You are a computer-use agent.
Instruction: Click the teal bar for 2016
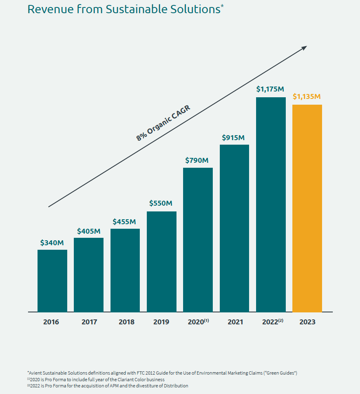pyautogui.click(x=52, y=281)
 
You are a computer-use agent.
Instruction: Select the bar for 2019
pyautogui.click(x=161, y=262)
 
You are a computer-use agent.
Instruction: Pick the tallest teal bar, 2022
pyautogui.click(x=271, y=204)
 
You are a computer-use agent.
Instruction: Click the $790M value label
pyautogui.click(x=197, y=160)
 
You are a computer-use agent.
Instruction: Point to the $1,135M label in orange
pyautogui.click(x=307, y=97)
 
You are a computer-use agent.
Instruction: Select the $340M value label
pyautogui.click(x=52, y=243)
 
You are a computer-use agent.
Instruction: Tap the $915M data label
pyautogui.click(x=233, y=138)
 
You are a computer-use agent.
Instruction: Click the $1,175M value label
pyautogui.click(x=271, y=89)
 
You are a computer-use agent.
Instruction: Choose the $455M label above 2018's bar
pyautogui.click(x=125, y=222)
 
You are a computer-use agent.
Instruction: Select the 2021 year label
pyautogui.click(x=234, y=322)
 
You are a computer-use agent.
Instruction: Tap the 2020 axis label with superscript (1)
pyautogui.click(x=198, y=322)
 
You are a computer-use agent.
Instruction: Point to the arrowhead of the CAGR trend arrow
pyautogui.click(x=304, y=48)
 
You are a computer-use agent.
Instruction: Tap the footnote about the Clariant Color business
pyautogui.click(x=97, y=379)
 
